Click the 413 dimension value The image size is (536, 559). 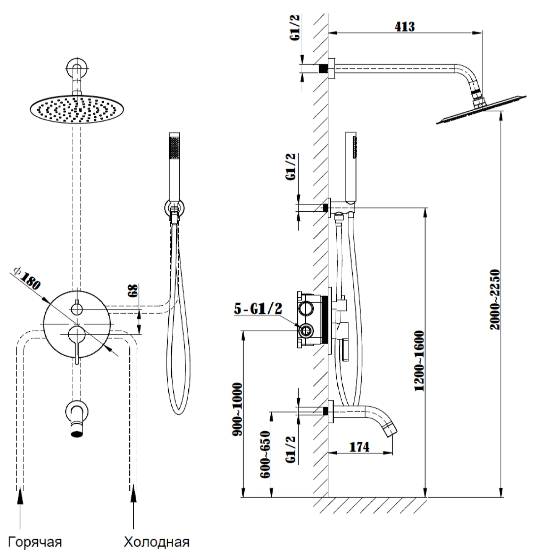click(x=405, y=27)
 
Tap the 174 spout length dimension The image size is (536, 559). click(x=359, y=447)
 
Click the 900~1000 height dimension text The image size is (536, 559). click(x=237, y=409)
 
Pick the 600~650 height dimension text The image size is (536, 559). click(x=265, y=454)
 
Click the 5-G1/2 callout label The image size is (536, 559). click(x=258, y=309)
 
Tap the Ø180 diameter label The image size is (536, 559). click(x=28, y=278)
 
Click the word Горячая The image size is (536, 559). click(x=35, y=542)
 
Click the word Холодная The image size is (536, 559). click(x=157, y=542)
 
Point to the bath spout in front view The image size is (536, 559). click(x=76, y=419)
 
